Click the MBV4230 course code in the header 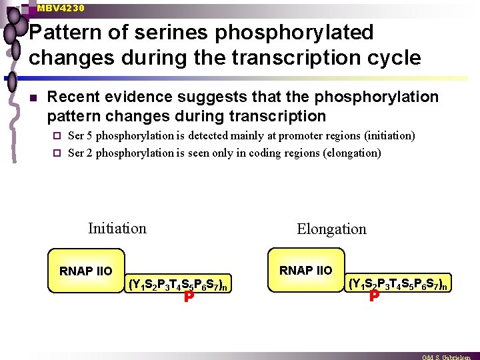[61, 8]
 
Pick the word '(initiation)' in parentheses [389, 136]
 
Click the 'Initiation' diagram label [117, 229]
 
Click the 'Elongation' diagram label [331, 229]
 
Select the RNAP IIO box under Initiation [85, 271]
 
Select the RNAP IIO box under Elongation [305, 270]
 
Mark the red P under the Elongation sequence [374, 295]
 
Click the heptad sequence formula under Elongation [398, 283]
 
